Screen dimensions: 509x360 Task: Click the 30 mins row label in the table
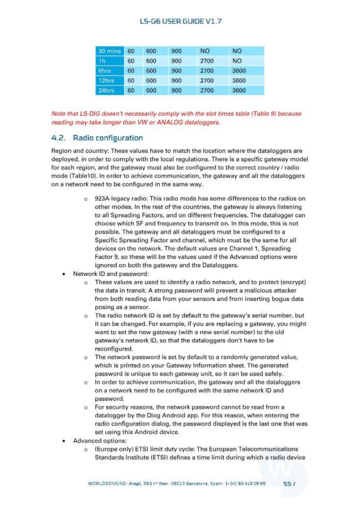coord(109,51)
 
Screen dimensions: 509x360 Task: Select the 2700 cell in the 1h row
coord(207,61)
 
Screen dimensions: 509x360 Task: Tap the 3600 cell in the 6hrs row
coord(239,71)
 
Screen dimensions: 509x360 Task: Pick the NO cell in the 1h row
coord(237,61)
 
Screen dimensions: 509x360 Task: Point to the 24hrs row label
coord(106,91)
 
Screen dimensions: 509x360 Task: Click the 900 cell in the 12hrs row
coord(176,81)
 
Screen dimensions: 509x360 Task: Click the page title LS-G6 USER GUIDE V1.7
coord(181,21)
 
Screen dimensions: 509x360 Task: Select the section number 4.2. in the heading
coord(58,138)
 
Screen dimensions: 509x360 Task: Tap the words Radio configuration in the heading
coord(108,138)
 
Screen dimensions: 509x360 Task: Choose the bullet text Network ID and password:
coord(111,274)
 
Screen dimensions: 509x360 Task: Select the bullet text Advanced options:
coord(100,441)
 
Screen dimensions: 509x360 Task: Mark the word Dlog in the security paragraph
coord(153,416)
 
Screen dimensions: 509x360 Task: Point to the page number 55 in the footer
coord(287,484)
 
